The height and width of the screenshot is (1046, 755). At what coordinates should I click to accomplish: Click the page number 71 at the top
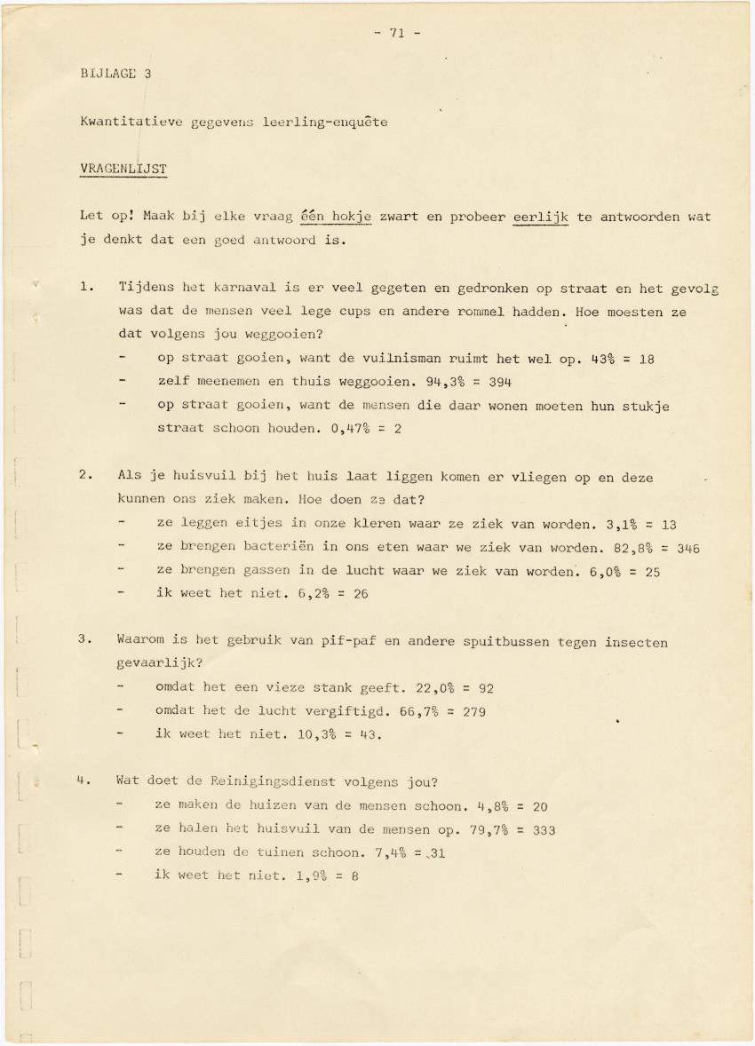click(396, 34)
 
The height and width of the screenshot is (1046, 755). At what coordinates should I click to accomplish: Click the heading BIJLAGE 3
click(115, 74)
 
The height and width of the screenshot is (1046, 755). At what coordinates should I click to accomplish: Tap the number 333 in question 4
click(543, 830)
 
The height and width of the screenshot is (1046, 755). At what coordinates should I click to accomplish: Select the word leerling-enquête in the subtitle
click(325, 122)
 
